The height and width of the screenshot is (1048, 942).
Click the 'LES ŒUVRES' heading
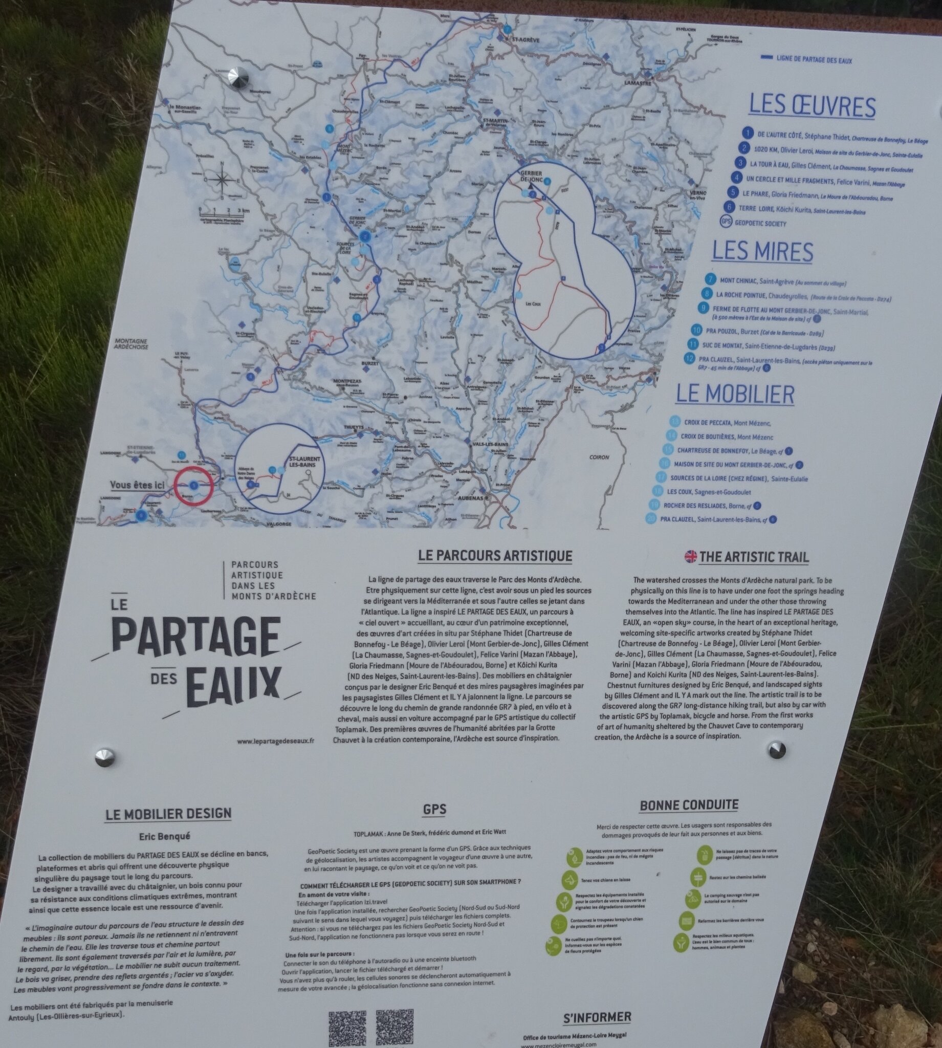[x=812, y=106]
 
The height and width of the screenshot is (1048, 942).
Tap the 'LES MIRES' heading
[x=762, y=252]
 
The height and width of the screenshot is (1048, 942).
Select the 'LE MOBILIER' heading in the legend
[x=734, y=395]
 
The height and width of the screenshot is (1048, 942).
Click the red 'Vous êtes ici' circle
[x=193, y=486]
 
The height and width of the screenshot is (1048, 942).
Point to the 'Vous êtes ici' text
[x=137, y=485]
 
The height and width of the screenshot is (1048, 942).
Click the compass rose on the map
[x=222, y=180]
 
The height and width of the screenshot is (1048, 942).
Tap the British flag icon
[x=690, y=557]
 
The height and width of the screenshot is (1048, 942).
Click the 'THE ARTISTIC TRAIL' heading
[x=754, y=557]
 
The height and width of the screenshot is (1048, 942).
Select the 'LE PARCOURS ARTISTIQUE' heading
[x=495, y=556]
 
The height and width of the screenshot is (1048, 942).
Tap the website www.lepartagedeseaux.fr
[x=276, y=741]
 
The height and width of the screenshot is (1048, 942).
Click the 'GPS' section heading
[x=434, y=810]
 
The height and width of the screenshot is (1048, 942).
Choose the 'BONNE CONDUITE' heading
[x=689, y=805]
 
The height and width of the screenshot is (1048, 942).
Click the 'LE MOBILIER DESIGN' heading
[x=168, y=814]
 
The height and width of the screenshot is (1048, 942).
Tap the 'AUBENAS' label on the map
[x=469, y=498]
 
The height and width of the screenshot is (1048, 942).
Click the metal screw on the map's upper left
[x=239, y=78]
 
